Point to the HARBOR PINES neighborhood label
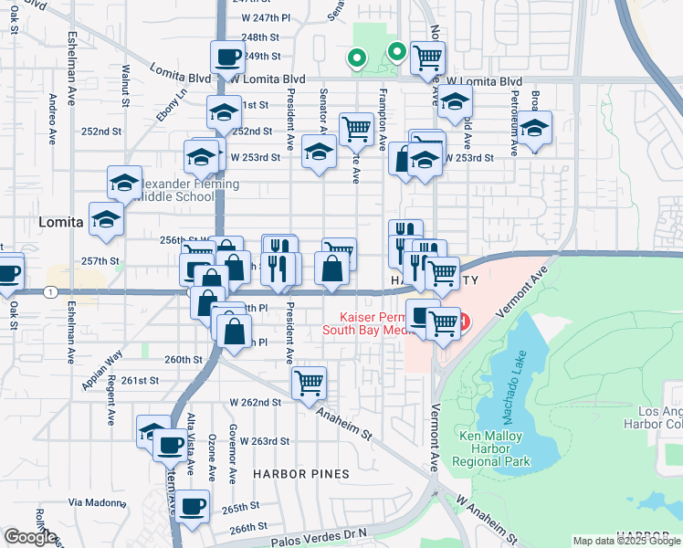[x=301, y=474]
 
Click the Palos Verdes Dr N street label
[x=320, y=533]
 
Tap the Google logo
[x=30, y=537]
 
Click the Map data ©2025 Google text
[x=626, y=542]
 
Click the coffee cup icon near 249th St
[x=227, y=58]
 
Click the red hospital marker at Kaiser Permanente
[x=464, y=321]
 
